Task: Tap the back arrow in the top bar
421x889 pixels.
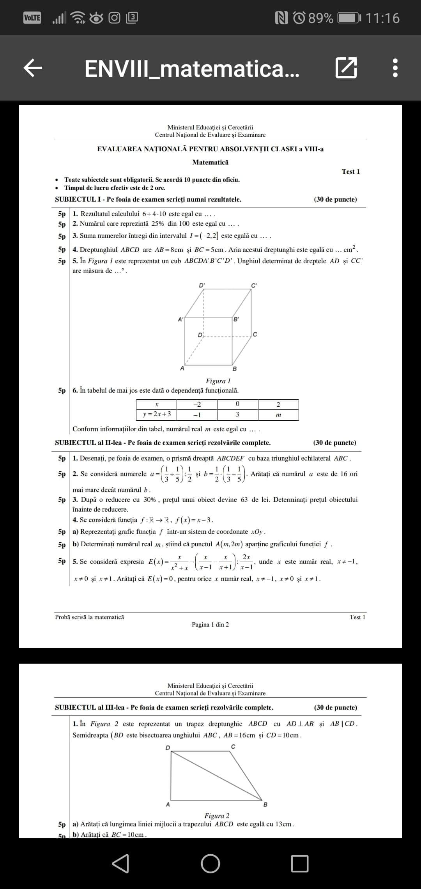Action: coord(33,68)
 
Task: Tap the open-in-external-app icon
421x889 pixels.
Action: coord(346,68)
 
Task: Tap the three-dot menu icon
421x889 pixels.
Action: coord(395,68)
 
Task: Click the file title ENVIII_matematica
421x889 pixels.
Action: coord(192,69)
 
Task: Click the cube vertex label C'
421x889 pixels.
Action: coord(254,285)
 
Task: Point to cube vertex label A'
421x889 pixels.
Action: coord(180,319)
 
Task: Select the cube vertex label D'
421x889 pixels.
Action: coord(202,285)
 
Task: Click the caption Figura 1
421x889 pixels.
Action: coord(218,381)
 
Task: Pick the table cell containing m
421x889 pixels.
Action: coord(278,415)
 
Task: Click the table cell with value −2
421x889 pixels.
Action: coord(197,404)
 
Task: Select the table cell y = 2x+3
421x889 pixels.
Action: coord(157,414)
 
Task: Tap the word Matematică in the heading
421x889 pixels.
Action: coord(210,162)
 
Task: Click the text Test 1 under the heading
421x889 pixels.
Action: coord(350,172)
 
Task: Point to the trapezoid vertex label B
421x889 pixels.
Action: coord(265,804)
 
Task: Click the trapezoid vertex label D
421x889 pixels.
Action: coord(168,747)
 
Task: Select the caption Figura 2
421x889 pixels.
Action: coord(217,816)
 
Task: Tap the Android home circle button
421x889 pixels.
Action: coord(210,863)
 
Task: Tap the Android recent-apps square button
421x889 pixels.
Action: coord(300,863)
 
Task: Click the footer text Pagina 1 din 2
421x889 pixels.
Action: coord(210,625)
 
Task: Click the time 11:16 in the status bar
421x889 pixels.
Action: coord(383,18)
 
